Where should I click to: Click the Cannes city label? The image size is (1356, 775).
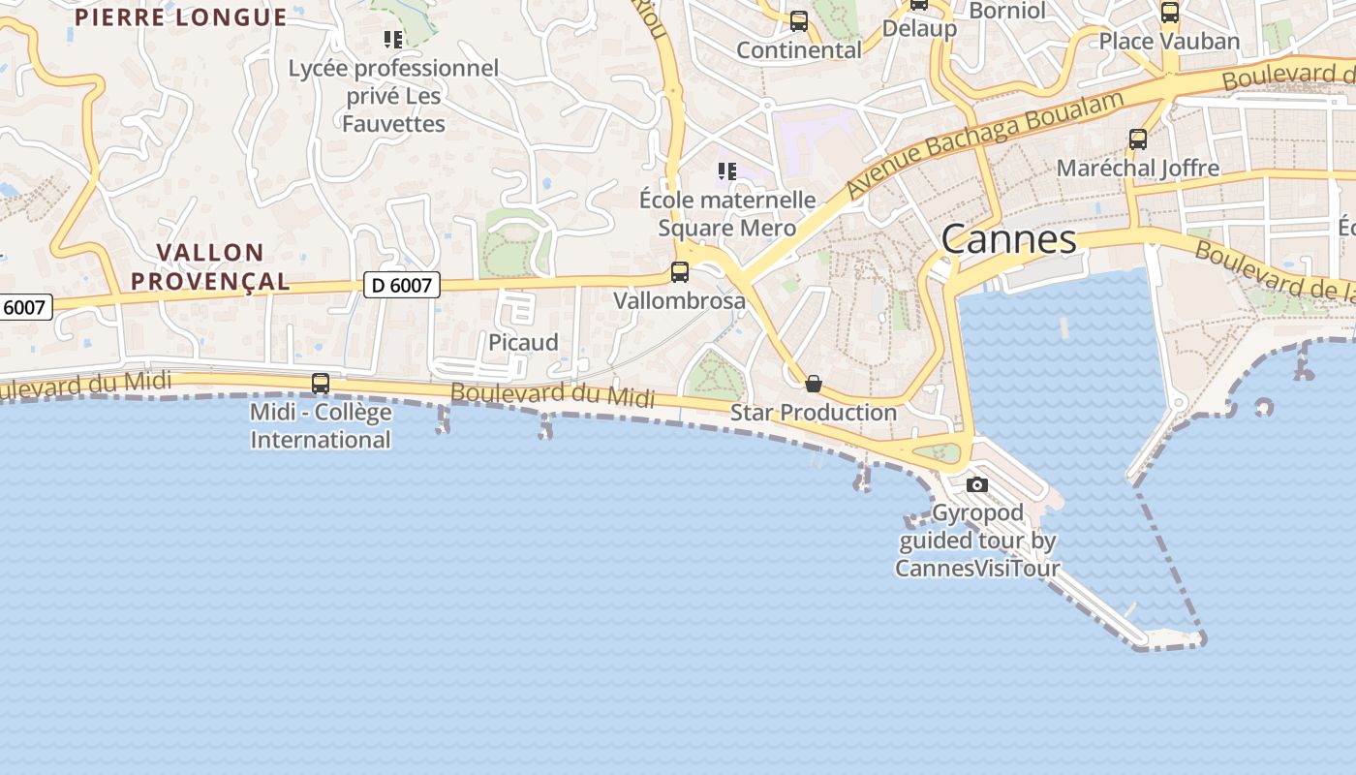1008,239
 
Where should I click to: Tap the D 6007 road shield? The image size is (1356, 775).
402,284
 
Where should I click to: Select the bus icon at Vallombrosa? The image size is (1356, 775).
680,272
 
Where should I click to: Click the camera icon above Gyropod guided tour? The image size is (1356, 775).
977,484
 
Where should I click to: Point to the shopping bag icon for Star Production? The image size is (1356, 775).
814,384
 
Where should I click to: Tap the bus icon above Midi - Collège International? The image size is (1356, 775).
321,384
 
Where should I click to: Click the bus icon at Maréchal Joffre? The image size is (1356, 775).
1138,139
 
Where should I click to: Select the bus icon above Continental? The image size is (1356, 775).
799,21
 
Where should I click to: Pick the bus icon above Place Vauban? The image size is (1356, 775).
1170,13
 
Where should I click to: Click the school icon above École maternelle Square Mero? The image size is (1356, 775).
727,171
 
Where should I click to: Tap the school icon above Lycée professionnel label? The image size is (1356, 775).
393,40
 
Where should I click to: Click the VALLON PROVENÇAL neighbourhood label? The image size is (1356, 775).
210,266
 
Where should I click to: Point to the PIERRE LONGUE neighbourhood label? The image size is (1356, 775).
181,16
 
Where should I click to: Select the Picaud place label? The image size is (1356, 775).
523,342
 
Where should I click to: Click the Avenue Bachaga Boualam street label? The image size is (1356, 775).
985,144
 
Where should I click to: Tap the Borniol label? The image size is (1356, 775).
1007,11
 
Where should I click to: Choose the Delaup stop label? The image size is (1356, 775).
919,28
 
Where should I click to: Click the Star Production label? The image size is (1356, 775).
814,412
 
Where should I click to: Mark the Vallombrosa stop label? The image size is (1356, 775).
680,300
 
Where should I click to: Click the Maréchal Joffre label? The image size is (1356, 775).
1138,168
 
